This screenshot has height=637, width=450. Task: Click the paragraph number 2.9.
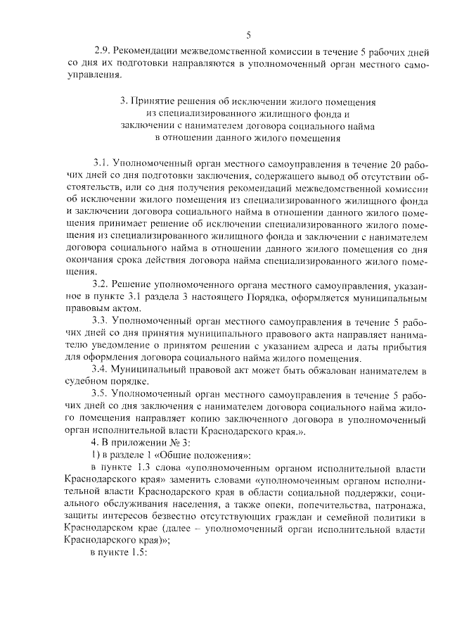click(103, 51)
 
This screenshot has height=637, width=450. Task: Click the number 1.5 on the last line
click(137, 553)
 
